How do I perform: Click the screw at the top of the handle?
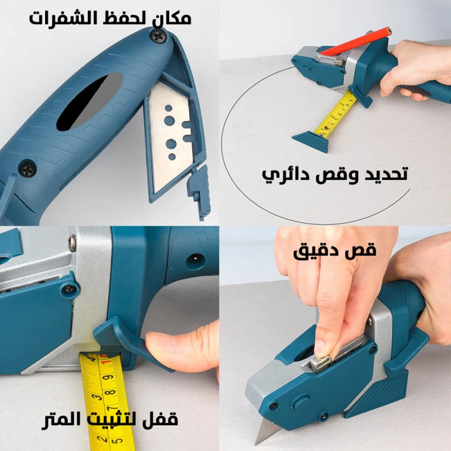158,37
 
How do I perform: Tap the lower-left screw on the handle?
28,169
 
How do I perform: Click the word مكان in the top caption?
172,18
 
